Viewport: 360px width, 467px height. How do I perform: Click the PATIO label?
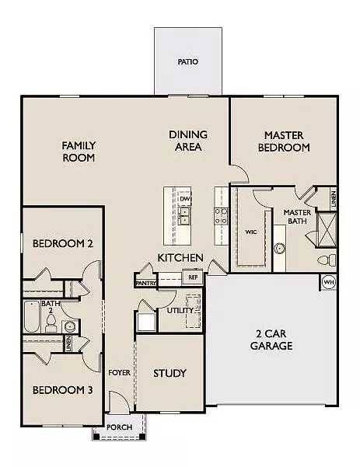(187, 61)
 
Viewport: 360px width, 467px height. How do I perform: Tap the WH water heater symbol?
(329, 282)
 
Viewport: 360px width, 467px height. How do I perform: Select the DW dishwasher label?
(185, 199)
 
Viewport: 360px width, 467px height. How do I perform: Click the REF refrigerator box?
(193, 277)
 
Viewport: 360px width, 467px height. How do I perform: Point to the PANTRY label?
(145, 283)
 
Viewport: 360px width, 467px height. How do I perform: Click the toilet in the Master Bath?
(327, 260)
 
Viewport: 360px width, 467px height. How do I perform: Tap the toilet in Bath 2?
(51, 323)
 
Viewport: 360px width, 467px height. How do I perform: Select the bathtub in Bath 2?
(32, 316)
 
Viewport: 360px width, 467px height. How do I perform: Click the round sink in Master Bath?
(280, 248)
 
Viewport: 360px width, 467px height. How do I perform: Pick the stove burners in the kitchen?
(221, 216)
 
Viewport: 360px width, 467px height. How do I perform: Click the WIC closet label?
(251, 232)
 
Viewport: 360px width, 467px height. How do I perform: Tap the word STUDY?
(170, 373)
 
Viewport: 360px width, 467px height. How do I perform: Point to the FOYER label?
(119, 372)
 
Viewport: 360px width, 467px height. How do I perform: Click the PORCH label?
(119, 427)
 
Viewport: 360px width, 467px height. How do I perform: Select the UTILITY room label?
(180, 310)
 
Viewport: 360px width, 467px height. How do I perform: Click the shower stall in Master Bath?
(327, 229)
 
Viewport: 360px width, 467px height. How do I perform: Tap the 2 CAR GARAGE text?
(271, 340)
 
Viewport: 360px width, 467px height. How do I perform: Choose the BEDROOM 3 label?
(62, 390)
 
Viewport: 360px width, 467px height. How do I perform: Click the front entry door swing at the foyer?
(119, 401)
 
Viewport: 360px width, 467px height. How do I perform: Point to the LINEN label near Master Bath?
(334, 199)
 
